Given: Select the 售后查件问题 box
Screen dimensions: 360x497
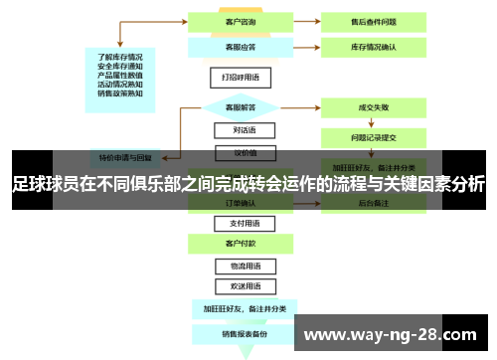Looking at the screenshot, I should (x=374, y=20).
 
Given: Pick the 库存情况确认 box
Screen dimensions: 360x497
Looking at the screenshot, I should (x=374, y=46).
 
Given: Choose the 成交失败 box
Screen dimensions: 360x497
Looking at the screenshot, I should (x=374, y=106).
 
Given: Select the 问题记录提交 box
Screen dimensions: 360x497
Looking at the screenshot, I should (x=374, y=137).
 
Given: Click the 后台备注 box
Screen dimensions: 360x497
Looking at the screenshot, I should (x=374, y=203).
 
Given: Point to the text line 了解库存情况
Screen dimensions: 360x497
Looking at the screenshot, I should (x=120, y=56).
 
